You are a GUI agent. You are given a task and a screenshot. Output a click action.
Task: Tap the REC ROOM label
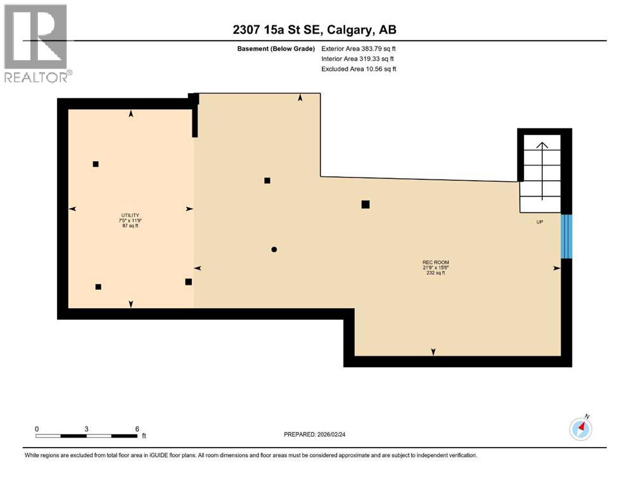[436, 262]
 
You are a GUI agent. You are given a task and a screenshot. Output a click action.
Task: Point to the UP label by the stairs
[540, 221]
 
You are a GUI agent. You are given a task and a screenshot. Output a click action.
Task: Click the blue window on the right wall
[567, 237]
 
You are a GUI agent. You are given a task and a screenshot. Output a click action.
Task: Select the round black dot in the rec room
[274, 249]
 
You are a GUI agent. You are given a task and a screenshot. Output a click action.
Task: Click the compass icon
[580, 429]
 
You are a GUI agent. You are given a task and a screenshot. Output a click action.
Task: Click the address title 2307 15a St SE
[314, 30]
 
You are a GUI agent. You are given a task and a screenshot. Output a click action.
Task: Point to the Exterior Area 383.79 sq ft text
[359, 49]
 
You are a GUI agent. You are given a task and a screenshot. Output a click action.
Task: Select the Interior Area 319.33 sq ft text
[359, 59]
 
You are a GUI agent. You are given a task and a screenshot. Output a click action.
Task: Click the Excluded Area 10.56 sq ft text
[359, 69]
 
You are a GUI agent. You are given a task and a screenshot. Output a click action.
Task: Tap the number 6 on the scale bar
[137, 429]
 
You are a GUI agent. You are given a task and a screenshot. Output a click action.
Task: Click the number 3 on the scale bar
[86, 429]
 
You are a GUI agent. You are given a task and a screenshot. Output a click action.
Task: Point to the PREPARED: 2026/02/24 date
[314, 434]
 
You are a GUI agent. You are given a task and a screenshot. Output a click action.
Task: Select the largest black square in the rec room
[365, 204]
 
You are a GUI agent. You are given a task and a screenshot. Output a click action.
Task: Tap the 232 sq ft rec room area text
[436, 273]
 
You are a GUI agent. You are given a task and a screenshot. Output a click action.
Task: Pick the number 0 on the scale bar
[37, 429]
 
